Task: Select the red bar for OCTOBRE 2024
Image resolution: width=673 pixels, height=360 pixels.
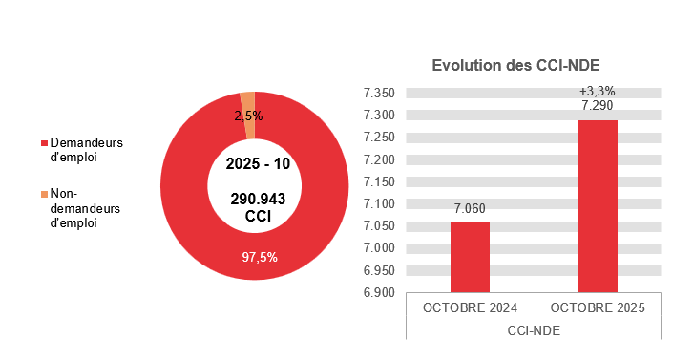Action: pyautogui.click(x=470, y=256)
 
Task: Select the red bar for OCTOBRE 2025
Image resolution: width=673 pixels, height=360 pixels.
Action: pyautogui.click(x=597, y=205)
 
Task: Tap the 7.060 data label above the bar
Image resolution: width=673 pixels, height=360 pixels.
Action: pyautogui.click(x=470, y=208)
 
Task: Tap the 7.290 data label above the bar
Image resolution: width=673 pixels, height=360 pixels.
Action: pyautogui.click(x=597, y=106)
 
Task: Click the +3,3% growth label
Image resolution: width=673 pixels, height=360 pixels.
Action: pyautogui.click(x=597, y=91)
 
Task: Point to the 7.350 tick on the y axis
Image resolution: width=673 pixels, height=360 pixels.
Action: pyautogui.click(x=379, y=94)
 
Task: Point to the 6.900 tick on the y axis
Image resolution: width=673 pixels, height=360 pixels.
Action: pyautogui.click(x=379, y=292)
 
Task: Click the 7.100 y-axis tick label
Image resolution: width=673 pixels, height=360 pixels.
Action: pyautogui.click(x=379, y=203)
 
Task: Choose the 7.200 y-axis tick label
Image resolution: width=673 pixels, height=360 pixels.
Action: pyautogui.click(x=379, y=159)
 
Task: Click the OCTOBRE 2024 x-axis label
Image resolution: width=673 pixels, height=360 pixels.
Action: pyautogui.click(x=470, y=308)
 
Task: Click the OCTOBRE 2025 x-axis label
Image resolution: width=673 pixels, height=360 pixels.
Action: pyautogui.click(x=597, y=308)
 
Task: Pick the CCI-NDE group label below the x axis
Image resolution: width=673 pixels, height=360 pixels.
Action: pyautogui.click(x=533, y=329)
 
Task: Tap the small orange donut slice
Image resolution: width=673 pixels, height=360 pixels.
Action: pyautogui.click(x=247, y=97)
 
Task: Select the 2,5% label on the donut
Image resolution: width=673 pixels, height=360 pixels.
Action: pyautogui.click(x=248, y=116)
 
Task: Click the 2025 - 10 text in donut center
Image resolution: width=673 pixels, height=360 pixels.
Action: pyautogui.click(x=258, y=163)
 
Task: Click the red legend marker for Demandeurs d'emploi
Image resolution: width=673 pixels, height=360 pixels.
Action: pyautogui.click(x=43, y=143)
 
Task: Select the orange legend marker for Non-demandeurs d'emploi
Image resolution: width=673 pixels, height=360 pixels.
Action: pyautogui.click(x=43, y=195)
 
